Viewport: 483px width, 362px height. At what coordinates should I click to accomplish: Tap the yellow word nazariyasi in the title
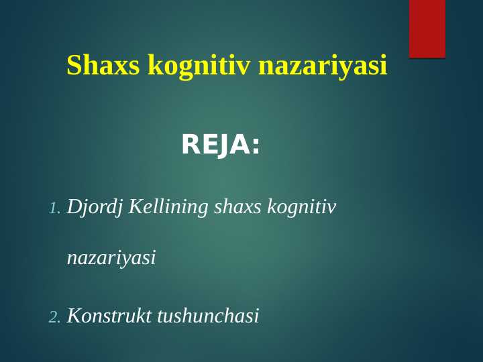tap(323, 66)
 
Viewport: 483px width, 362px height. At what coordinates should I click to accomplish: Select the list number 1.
tap(54, 209)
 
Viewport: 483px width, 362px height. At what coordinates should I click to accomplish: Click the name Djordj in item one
tap(95, 207)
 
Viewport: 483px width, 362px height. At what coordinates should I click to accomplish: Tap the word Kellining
tap(168, 206)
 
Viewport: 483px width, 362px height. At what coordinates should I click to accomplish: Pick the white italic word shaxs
tap(237, 207)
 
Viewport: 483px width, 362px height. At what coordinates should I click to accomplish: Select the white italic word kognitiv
tap(301, 207)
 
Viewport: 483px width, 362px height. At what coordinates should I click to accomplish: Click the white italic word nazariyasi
tap(111, 257)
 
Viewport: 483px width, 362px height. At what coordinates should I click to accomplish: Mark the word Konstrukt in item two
tap(109, 316)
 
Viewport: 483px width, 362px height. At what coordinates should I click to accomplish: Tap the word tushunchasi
tap(207, 316)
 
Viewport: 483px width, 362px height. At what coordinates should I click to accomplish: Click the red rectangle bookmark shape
tap(427, 29)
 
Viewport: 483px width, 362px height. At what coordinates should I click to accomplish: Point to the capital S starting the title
tap(73, 66)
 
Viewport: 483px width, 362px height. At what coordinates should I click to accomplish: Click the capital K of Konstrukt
tap(74, 316)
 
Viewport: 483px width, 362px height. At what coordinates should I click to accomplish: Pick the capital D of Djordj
tap(74, 206)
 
